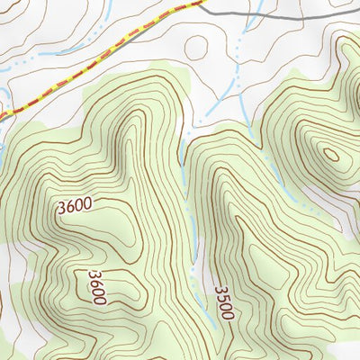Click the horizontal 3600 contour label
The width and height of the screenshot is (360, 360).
point(74,206)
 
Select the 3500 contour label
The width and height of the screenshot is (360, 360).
point(222,303)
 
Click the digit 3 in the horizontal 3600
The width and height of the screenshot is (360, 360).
point(61,209)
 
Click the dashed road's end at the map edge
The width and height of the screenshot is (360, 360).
point(3,115)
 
